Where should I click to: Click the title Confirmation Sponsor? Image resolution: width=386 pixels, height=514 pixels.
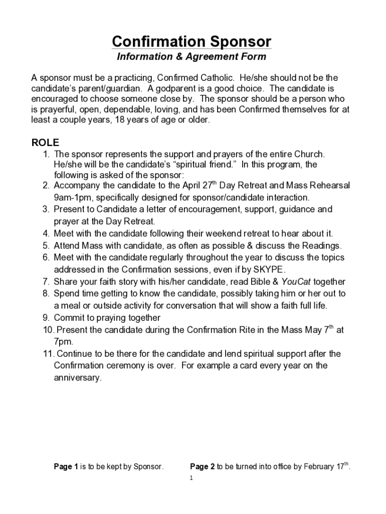tap(191, 41)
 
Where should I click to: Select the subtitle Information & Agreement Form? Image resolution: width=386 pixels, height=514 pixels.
tap(191, 57)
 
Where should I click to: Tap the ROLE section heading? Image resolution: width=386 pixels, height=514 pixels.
tap(45, 143)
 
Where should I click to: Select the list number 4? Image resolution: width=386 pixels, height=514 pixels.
tap(46, 233)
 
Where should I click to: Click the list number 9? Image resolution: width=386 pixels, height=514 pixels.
tap(46, 318)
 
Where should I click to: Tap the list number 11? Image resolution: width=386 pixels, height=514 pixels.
tap(48, 353)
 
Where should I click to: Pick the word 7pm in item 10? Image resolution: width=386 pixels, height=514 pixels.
tap(63, 342)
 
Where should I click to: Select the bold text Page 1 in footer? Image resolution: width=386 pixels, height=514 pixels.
tap(66, 467)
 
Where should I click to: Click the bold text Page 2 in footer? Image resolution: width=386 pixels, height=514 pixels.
tap(202, 467)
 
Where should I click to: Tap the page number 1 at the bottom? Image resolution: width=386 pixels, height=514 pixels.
tap(191, 478)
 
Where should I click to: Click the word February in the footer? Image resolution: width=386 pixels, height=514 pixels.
tap(319, 467)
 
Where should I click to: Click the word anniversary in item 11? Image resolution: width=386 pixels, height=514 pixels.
tap(77, 377)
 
